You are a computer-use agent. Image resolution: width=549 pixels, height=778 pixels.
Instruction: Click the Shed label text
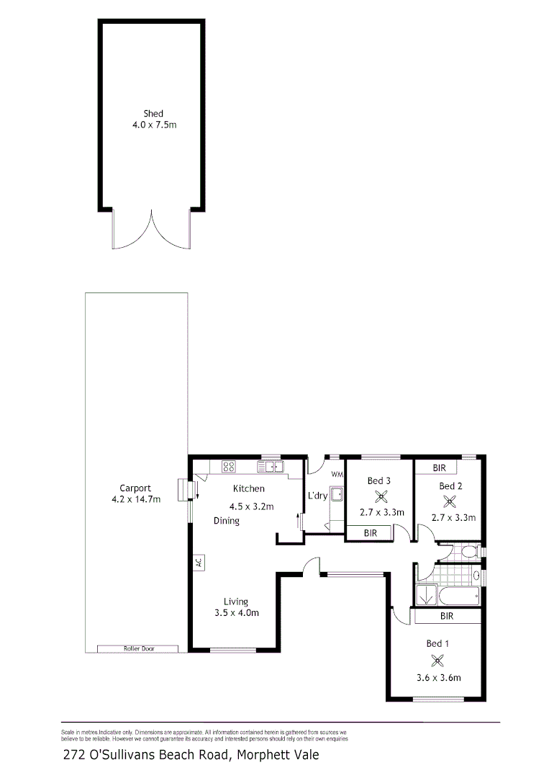tap(153, 113)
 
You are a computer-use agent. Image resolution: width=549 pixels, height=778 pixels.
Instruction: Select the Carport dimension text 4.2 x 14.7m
tap(137, 499)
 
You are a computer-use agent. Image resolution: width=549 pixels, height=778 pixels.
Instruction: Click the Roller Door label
tap(137, 649)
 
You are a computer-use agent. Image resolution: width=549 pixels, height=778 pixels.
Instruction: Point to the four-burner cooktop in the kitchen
tap(229, 467)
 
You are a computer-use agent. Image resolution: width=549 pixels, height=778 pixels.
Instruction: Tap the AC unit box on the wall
tap(198, 562)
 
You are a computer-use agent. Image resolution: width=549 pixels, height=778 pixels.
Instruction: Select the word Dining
tap(226, 521)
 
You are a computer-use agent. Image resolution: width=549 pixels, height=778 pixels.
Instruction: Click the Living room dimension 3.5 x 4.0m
tap(236, 613)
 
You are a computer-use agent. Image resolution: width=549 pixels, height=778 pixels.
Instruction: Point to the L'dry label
tap(317, 496)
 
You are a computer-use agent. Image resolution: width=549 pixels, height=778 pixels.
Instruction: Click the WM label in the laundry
tap(337, 475)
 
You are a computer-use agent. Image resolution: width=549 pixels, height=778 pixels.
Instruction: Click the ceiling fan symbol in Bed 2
tap(451, 501)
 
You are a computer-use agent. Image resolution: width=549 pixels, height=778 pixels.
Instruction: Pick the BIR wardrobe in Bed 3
tap(370, 533)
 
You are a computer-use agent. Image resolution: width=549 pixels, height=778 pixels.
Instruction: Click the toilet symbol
tap(468, 553)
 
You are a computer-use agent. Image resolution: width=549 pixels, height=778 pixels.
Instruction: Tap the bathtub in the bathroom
tap(459, 595)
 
